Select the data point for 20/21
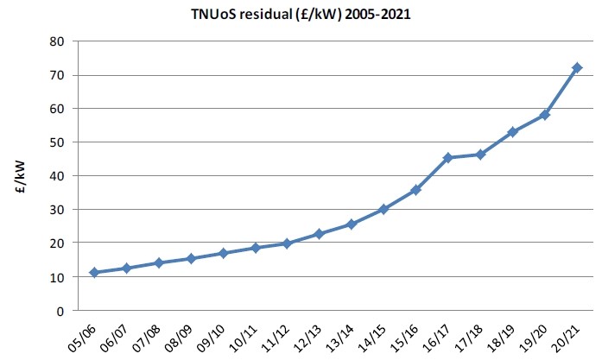pyautogui.click(x=578, y=67)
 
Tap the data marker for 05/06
pyautogui.click(x=95, y=273)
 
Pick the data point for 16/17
pyautogui.click(x=448, y=157)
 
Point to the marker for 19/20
pyautogui.click(x=545, y=115)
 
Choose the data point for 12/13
pyautogui.click(x=320, y=234)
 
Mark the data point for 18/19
pyautogui.click(x=513, y=132)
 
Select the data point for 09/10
pyautogui.click(x=224, y=253)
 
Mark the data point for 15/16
pyautogui.click(x=416, y=190)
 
